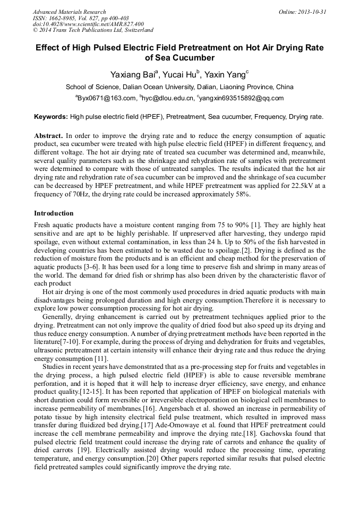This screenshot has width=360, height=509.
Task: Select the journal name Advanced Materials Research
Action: coord(69,12)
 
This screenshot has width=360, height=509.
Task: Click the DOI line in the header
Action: coord(88,24)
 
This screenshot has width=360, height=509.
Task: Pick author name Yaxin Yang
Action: coord(227,74)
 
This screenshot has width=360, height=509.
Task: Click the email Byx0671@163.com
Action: coord(106,98)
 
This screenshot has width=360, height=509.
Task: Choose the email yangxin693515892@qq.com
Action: coord(242,98)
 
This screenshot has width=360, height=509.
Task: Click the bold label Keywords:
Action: coord(51,116)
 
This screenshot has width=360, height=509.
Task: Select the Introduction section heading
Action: coord(54,213)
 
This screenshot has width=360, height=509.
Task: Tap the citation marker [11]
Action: coord(102,359)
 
